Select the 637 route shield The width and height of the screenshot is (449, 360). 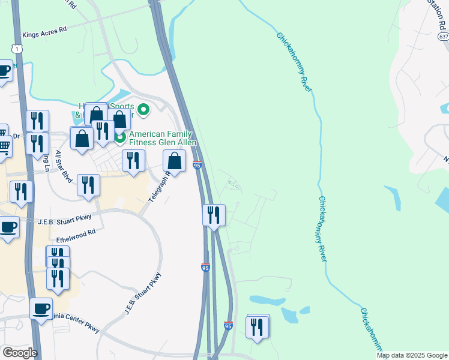pyautogui.click(x=443, y=37)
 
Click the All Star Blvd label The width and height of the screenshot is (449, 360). pyautogui.click(x=64, y=166)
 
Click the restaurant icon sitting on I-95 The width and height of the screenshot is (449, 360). pyautogui.click(x=214, y=214)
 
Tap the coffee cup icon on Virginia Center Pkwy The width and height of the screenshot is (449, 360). pyautogui.click(x=41, y=309)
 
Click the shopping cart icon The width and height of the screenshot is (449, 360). pyautogui.click(x=3, y=145)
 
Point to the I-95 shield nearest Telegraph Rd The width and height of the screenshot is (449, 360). pyautogui.click(x=197, y=164)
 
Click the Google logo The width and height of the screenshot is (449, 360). pyautogui.click(x=19, y=353)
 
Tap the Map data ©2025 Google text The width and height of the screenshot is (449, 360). pyautogui.click(x=412, y=355)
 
